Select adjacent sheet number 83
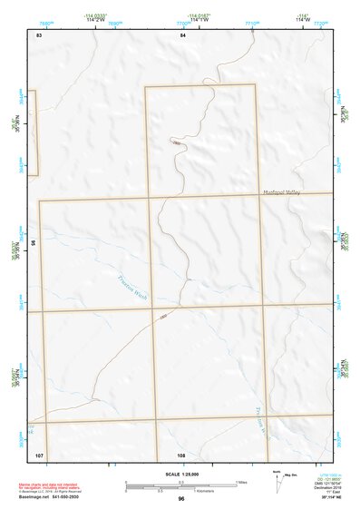tap(39, 34)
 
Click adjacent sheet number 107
tap(39, 454)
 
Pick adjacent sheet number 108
tap(181, 454)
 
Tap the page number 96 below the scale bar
tap(181, 498)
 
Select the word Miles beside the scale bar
tap(242, 481)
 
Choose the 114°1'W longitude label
tap(198, 21)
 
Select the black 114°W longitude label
tap(302, 21)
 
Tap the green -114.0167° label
tap(198, 15)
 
